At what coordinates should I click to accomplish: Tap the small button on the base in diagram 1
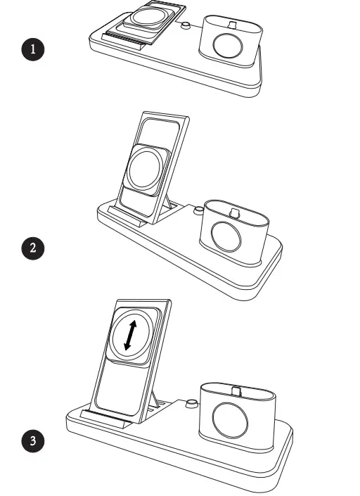point(186,27)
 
